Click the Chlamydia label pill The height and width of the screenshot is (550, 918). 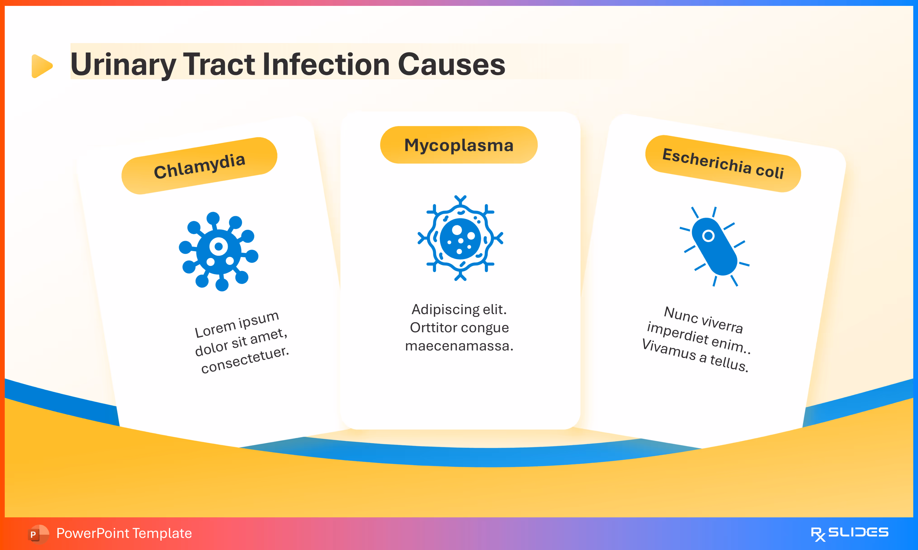(199, 166)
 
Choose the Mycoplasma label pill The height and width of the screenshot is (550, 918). (459, 145)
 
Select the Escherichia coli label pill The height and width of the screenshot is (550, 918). (723, 163)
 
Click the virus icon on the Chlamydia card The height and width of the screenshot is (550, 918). (218, 251)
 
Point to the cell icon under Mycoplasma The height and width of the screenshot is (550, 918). (460, 238)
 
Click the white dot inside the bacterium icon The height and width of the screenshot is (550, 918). (708, 236)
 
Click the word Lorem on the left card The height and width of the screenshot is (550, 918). (215, 329)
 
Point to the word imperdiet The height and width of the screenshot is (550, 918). (677, 332)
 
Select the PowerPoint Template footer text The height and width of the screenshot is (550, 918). (124, 533)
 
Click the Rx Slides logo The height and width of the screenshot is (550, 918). (849, 533)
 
